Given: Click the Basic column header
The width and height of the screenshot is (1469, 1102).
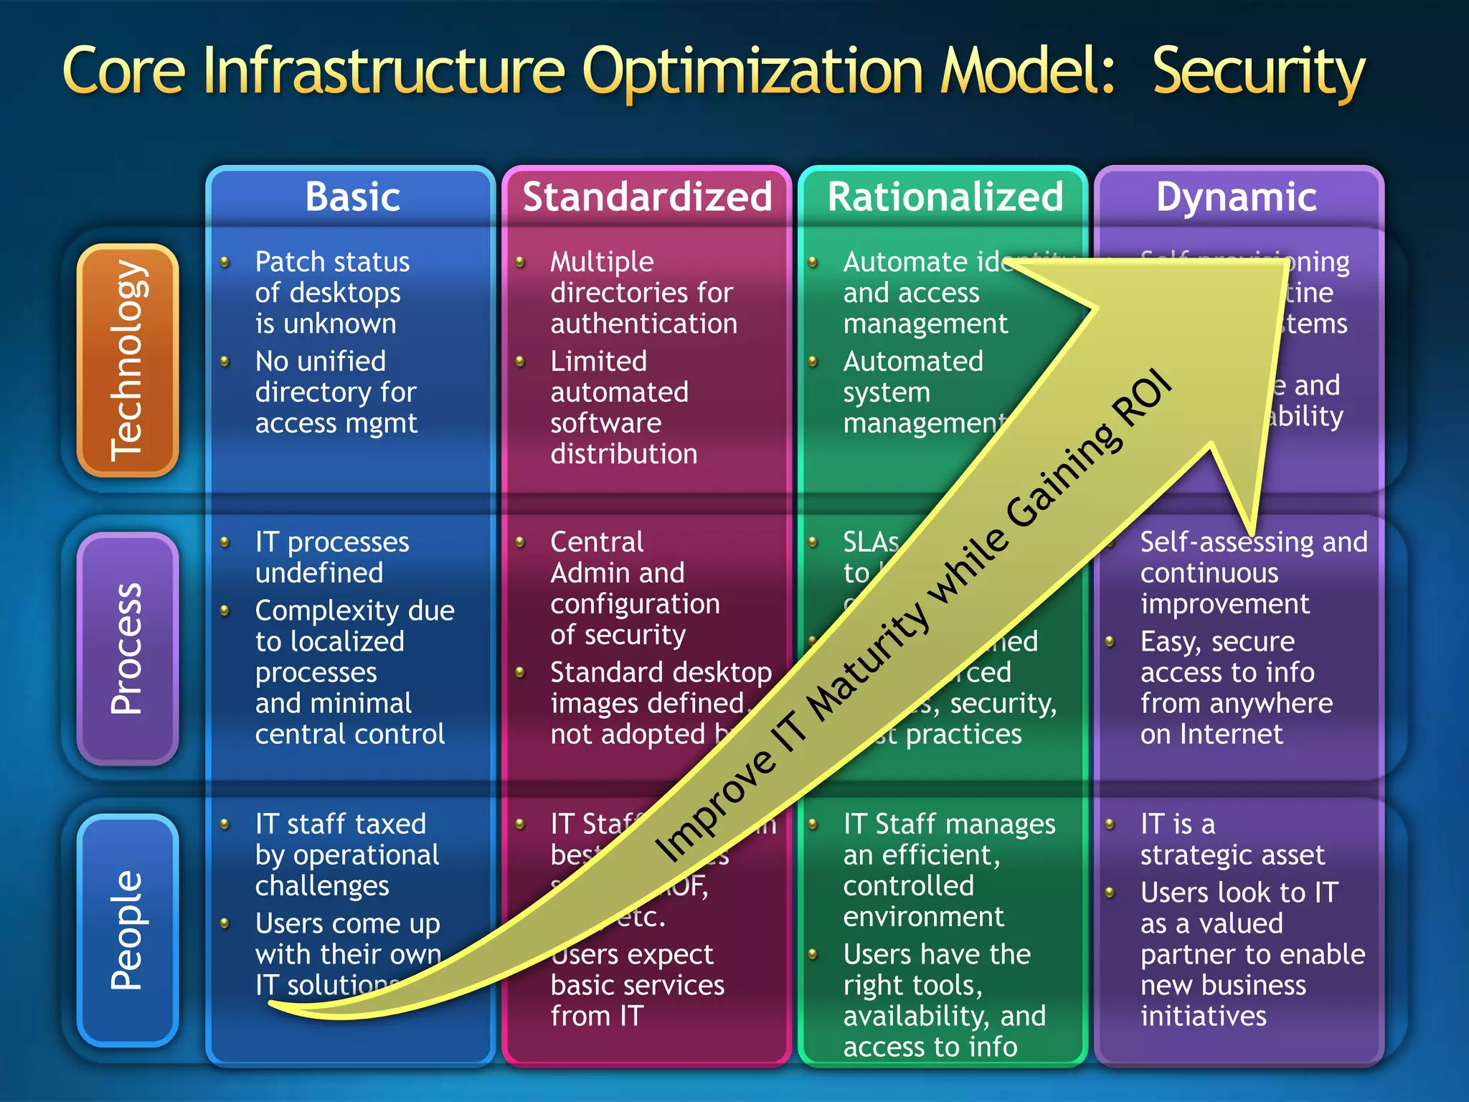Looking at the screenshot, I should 352,197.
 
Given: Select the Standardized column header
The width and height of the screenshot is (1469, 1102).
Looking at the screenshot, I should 647,197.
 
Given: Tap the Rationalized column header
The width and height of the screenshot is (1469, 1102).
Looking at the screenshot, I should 945,197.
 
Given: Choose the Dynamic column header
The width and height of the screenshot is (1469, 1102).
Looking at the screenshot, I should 1237,197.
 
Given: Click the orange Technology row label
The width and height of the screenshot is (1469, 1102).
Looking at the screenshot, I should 128,360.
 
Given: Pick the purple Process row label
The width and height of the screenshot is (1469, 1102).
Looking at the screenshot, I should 128,649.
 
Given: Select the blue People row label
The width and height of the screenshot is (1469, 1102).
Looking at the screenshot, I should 128,930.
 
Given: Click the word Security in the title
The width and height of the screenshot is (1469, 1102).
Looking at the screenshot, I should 1258,72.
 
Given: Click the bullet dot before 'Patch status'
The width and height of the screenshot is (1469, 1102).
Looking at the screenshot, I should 225,263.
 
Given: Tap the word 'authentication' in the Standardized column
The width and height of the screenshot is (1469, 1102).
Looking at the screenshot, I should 643,324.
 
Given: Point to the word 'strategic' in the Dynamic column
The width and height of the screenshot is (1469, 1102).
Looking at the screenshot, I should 1191,854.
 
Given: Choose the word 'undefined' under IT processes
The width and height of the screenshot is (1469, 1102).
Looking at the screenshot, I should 319,573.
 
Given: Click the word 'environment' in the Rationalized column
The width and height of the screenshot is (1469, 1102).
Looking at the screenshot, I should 923,916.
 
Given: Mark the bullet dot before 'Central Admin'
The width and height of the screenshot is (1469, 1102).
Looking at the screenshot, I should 521,542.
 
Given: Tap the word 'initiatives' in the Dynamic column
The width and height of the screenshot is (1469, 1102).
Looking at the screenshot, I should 1203,1016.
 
